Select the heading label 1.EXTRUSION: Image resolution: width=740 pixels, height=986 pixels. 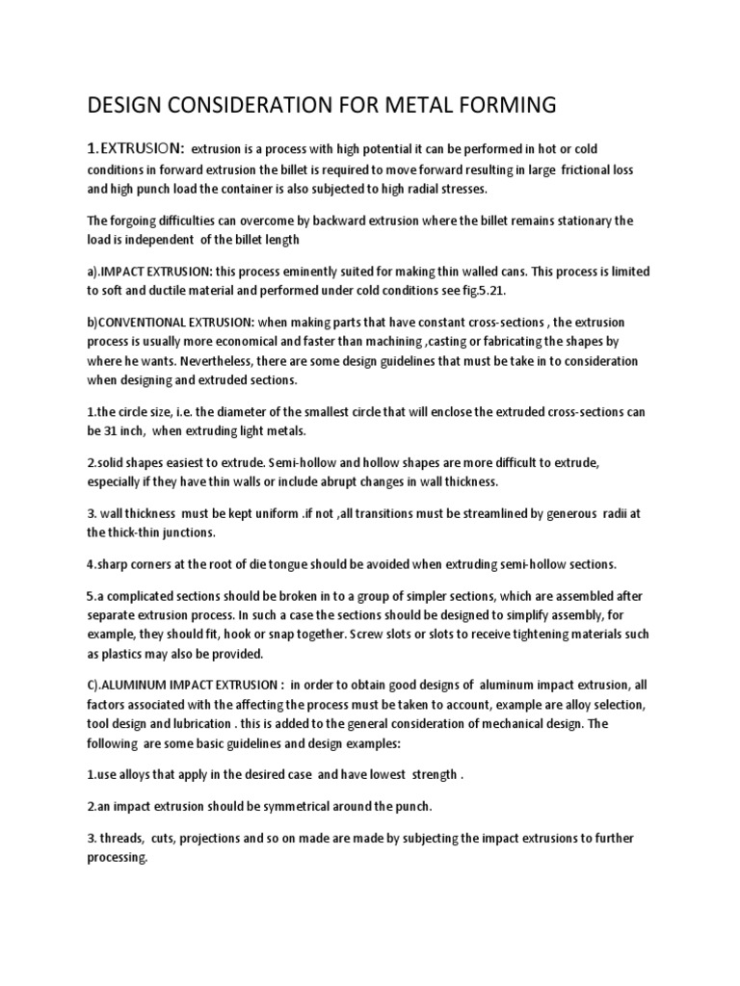click(134, 148)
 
